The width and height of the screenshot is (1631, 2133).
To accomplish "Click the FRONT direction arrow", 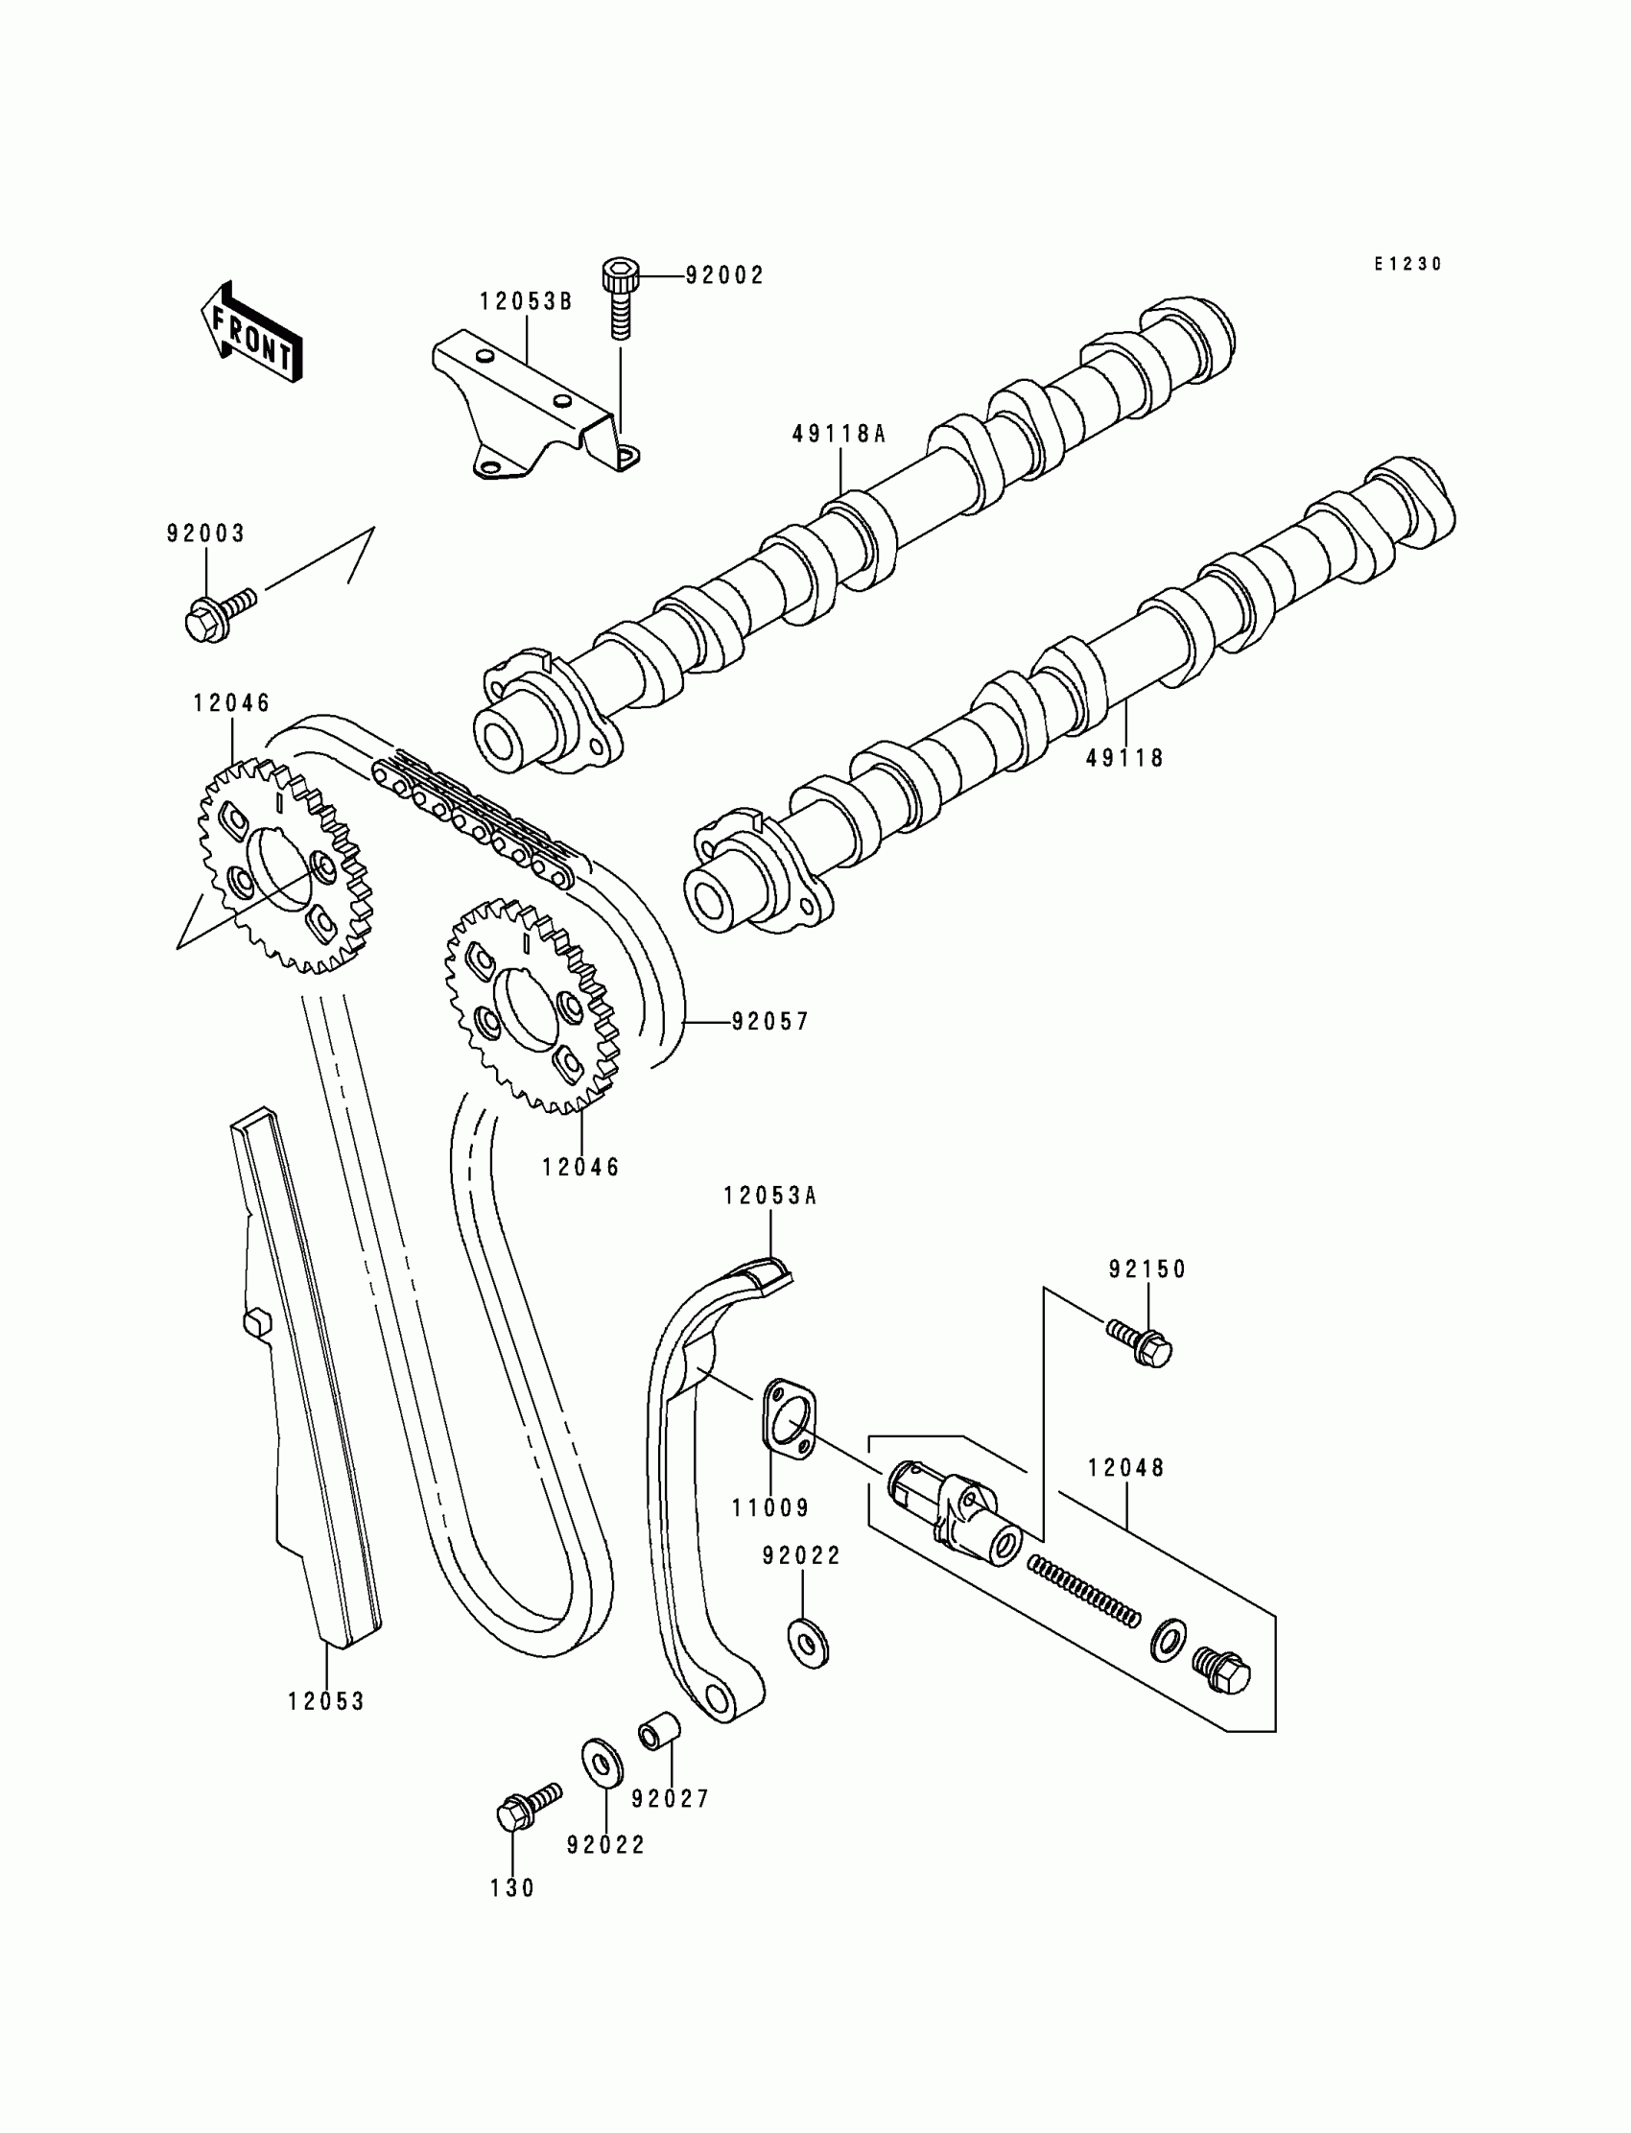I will (250, 335).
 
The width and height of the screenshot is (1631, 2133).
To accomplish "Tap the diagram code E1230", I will (1407, 264).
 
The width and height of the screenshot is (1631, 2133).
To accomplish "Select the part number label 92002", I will (724, 275).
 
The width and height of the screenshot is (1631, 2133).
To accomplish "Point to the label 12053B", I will (525, 302).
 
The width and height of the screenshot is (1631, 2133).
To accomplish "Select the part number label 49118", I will (1124, 758).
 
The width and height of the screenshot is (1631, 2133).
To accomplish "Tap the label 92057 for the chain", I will (769, 1021).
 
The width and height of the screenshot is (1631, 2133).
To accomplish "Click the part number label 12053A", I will (769, 1197).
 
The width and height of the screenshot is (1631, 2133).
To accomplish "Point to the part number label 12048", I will (1125, 1468).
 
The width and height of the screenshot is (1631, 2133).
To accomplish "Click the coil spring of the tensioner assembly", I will (1083, 1588).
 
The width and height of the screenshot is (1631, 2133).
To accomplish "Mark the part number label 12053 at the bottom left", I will (325, 1701).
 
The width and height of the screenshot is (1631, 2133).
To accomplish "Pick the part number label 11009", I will (769, 1507).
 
